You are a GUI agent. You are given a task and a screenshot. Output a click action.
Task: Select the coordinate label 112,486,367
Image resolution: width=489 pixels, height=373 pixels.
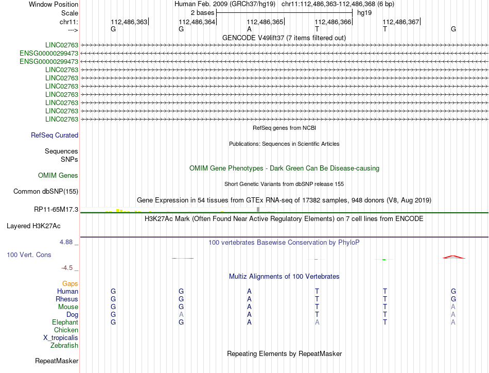401,22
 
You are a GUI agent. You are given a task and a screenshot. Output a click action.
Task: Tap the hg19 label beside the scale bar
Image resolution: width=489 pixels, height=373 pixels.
364,12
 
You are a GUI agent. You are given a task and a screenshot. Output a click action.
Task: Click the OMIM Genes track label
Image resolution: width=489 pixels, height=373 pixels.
58,176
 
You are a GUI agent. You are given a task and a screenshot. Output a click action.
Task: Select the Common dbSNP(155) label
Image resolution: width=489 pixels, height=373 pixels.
46,192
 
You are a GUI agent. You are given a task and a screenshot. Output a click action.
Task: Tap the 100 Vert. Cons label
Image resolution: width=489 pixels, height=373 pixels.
29,255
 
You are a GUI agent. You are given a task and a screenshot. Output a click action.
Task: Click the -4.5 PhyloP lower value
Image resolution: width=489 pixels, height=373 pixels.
70,268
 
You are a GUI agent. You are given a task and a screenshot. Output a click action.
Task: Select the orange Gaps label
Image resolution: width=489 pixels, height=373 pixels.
70,284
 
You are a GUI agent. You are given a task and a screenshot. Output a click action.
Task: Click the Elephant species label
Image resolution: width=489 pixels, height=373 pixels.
65,323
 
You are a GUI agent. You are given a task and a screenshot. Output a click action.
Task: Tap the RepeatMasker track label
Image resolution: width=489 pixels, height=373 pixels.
57,361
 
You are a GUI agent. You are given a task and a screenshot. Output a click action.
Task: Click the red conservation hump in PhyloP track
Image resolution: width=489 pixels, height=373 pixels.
453,257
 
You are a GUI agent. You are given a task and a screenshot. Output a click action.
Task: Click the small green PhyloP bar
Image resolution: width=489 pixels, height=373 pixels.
384,259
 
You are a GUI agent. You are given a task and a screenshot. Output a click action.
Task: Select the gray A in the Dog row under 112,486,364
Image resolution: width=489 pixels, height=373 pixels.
181,315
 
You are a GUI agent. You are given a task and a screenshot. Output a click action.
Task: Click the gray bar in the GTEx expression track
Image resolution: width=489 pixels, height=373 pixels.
258,209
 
